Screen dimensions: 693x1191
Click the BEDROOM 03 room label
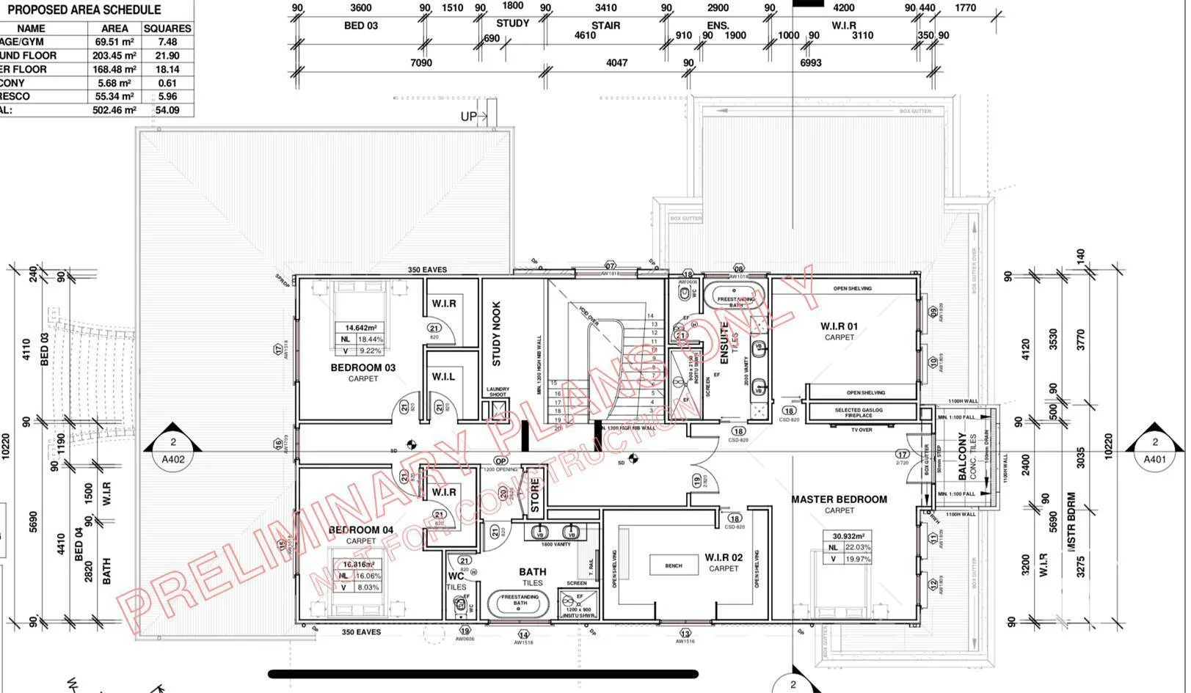[363, 367]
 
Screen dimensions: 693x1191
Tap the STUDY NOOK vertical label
[497, 334]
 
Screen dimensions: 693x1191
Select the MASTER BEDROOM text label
[839, 499]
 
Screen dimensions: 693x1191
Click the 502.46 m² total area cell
[114, 110]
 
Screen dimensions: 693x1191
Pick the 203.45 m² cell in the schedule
[114, 56]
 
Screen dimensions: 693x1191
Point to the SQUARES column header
[167, 28]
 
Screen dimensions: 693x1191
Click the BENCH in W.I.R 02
[673, 565]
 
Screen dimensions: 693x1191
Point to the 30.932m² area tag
[848, 536]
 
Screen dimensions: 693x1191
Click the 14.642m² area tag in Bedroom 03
[360, 328]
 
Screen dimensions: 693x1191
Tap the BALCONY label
[963, 456]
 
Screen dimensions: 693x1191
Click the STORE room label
[535, 496]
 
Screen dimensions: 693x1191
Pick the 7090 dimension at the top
[420, 63]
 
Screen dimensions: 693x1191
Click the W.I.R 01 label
[839, 326]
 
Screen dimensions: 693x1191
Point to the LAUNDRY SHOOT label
[498, 392]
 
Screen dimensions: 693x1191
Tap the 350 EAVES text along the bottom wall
[361, 631]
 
